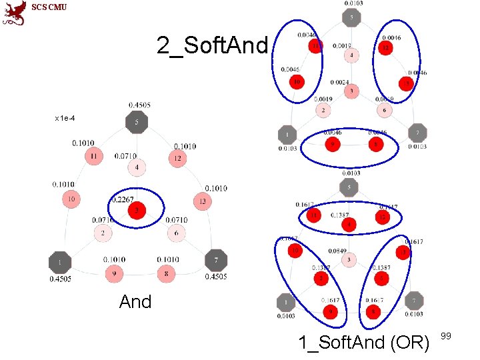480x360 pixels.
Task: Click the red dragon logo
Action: click(13, 13)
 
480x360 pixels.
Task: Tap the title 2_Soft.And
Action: click(212, 45)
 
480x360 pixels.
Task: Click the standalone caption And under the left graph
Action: click(135, 302)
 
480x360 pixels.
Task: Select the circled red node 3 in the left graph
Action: click(136, 211)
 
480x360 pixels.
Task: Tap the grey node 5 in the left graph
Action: click(136, 123)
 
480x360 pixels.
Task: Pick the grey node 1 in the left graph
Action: click(60, 261)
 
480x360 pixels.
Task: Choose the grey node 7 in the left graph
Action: click(216, 259)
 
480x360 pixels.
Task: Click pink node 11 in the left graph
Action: click(94, 157)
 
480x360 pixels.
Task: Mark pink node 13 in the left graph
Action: click(201, 200)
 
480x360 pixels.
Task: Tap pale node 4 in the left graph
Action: click(136, 167)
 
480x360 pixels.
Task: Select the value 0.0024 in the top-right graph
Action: click(339, 83)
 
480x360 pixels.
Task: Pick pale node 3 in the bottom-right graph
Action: click(349, 259)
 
